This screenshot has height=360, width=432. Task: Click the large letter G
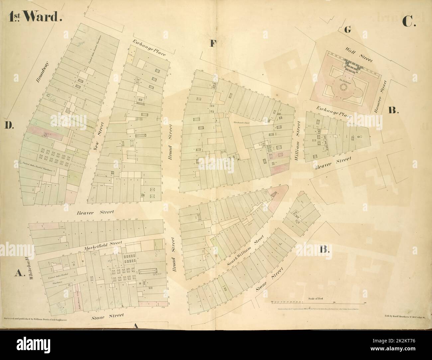pos(348,30)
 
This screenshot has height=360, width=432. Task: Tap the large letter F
pos(213,44)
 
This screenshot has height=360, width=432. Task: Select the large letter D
pos(9,125)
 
